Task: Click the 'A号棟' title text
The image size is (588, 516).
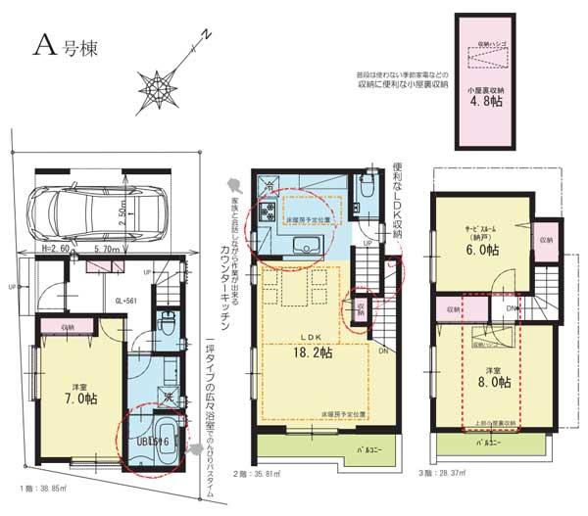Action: click(66, 44)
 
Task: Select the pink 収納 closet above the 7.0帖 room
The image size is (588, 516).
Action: click(69, 327)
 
